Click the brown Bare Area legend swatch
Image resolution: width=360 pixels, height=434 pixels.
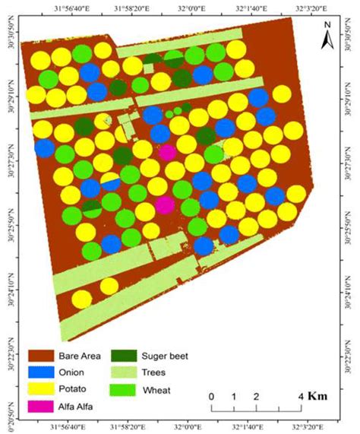click(44, 354)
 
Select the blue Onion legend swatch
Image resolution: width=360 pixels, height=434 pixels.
click(44, 372)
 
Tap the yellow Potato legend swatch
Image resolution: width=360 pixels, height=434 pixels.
click(44, 390)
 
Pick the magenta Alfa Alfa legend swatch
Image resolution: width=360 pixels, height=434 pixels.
click(44, 408)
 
